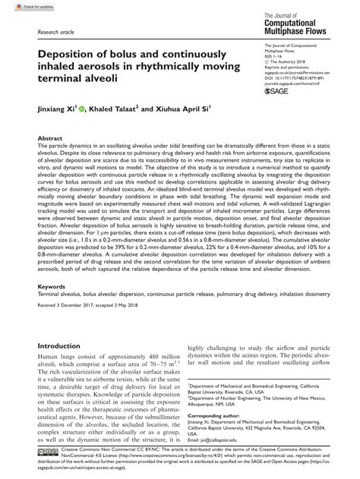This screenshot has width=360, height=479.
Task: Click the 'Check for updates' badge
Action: click(21, 7)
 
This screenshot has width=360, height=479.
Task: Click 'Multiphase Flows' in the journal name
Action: click(300, 34)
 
